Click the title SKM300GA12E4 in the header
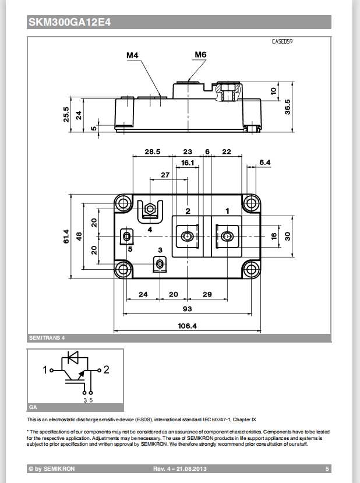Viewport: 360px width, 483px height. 69,23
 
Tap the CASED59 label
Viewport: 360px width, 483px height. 282,42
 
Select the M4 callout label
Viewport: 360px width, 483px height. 132,55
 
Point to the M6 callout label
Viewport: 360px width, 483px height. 200,55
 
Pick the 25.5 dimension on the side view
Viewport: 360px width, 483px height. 66,114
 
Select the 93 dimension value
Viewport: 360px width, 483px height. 187,308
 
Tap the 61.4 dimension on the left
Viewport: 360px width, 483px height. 66,235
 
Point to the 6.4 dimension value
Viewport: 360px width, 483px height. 264,162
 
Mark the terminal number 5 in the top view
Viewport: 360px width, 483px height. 130,249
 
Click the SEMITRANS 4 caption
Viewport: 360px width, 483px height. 46,338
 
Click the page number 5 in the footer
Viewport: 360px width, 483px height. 327,468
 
